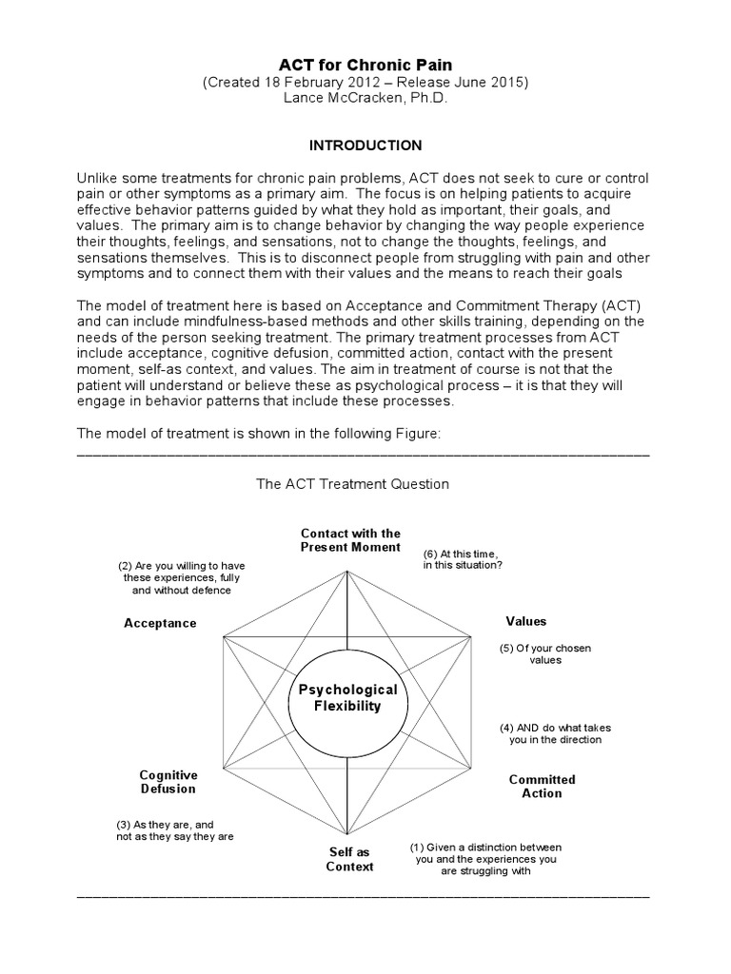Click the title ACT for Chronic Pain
tap(365, 64)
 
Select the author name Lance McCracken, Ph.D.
tap(365, 99)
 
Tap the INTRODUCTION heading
tap(365, 146)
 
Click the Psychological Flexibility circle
tap(347, 697)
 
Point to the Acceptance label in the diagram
tap(160, 623)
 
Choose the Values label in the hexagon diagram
tap(525, 621)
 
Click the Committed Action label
tap(542, 786)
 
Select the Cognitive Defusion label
tap(168, 782)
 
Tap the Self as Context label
tap(349, 859)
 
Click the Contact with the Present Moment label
tap(350, 540)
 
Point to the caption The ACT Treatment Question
tap(352, 484)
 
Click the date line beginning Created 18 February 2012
tap(365, 82)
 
